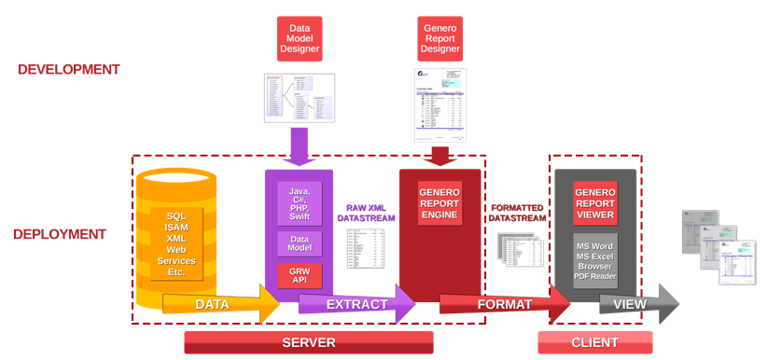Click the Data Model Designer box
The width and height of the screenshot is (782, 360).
coord(299,38)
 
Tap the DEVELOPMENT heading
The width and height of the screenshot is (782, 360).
coord(68,69)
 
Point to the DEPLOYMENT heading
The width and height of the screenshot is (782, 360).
coord(59,234)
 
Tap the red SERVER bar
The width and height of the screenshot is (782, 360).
coord(308,342)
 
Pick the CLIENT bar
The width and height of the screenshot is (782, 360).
coord(594,342)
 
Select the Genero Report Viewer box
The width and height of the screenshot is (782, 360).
coord(595,202)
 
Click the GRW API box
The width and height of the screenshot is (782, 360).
coord(300,276)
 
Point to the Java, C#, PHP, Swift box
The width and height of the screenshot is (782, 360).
coord(300,202)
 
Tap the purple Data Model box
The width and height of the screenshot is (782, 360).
coord(300,244)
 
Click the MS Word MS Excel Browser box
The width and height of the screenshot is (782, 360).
coord(595,260)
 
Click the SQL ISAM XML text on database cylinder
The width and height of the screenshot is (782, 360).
coord(175,242)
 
